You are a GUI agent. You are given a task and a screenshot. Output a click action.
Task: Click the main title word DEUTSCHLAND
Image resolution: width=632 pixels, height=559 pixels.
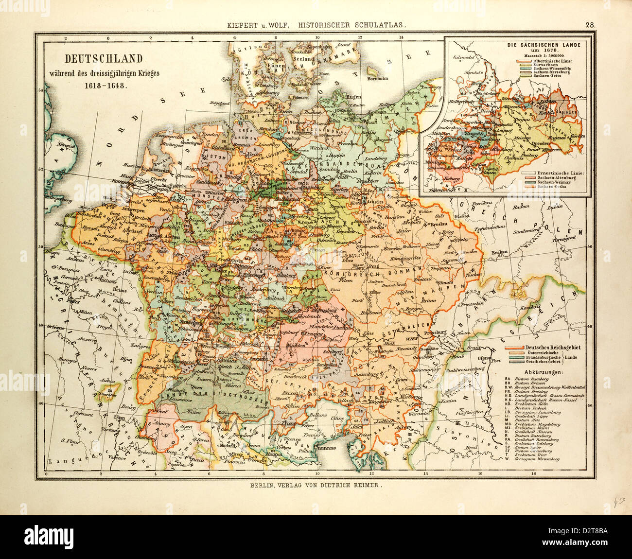[105, 59]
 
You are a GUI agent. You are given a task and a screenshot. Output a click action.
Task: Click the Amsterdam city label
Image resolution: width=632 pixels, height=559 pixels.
[156, 171]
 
